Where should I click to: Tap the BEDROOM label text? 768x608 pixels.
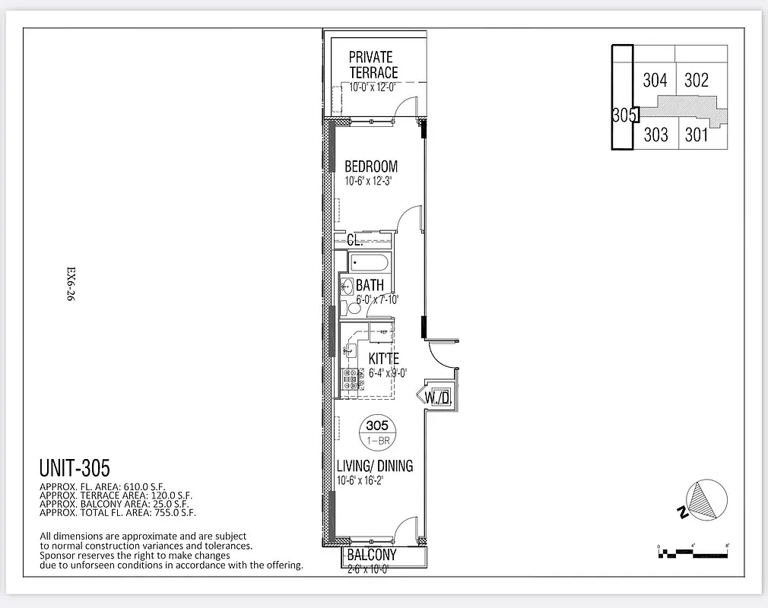click(x=371, y=166)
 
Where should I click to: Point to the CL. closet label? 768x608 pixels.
click(x=354, y=240)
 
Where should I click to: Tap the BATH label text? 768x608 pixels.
click(x=370, y=286)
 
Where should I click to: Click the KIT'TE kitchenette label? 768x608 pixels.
click(x=385, y=358)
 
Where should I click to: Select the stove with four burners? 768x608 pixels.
click(x=351, y=373)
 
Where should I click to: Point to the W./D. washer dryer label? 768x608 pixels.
click(x=439, y=397)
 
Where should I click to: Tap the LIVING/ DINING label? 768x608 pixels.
click(x=375, y=466)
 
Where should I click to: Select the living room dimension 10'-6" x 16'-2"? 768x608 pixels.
click(x=371, y=480)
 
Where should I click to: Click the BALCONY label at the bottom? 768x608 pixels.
click(x=372, y=555)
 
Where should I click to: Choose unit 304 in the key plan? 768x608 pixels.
click(x=655, y=80)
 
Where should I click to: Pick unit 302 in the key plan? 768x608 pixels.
click(x=697, y=80)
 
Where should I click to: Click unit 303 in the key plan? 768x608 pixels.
click(x=655, y=135)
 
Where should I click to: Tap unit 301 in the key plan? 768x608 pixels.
click(x=697, y=135)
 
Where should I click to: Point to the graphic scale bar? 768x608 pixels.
click(x=693, y=549)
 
